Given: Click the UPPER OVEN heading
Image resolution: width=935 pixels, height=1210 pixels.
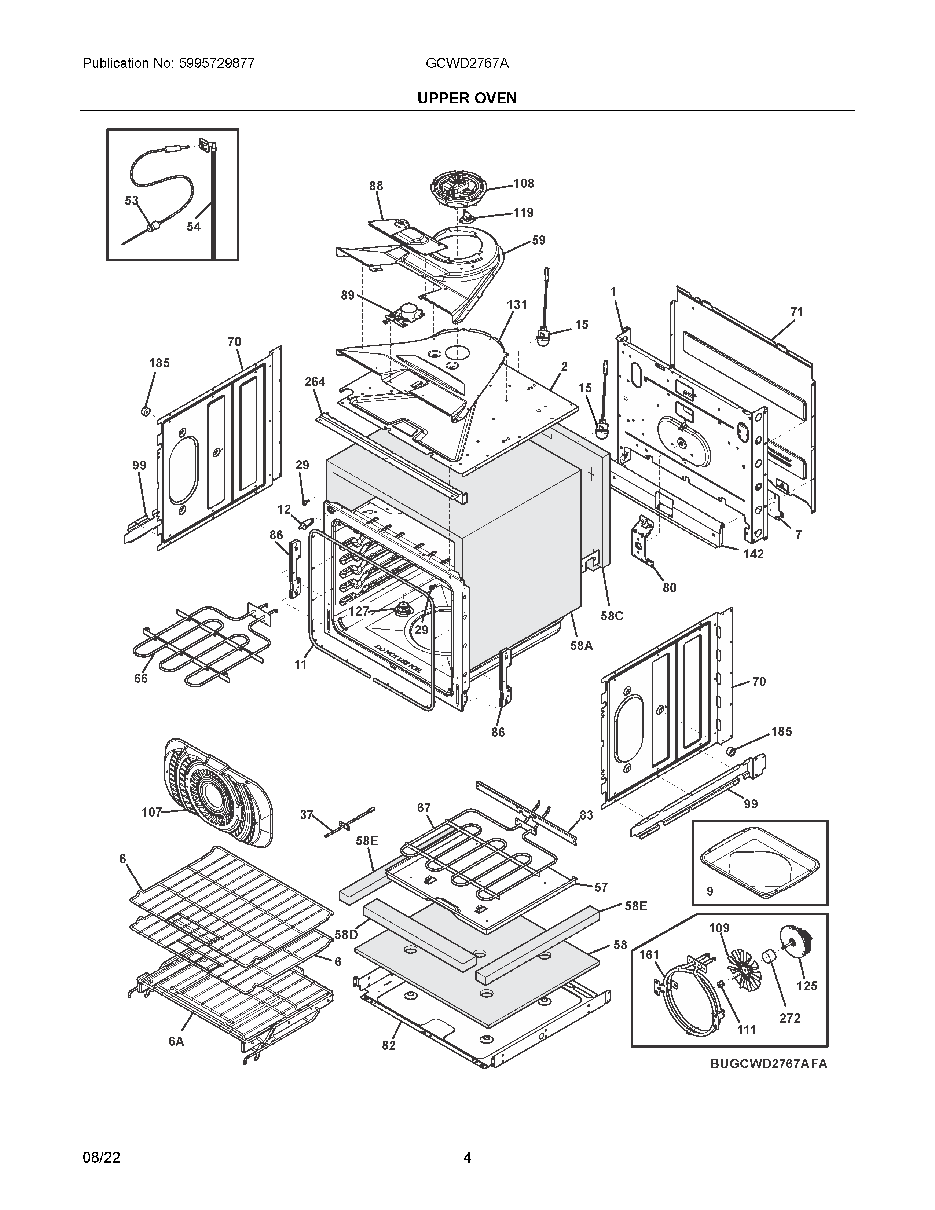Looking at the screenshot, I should [x=467, y=98].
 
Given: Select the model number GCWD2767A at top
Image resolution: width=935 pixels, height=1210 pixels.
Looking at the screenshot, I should [x=467, y=63].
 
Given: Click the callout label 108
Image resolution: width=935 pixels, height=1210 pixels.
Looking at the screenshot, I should [x=524, y=183].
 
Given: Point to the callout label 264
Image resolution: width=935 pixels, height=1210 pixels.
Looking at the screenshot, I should [x=315, y=382].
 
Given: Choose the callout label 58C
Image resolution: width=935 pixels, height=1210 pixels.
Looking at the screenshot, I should [x=612, y=616].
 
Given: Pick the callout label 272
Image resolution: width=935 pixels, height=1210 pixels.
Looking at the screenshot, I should [x=790, y=1018].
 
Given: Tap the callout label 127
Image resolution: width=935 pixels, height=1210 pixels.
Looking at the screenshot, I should [x=358, y=611].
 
